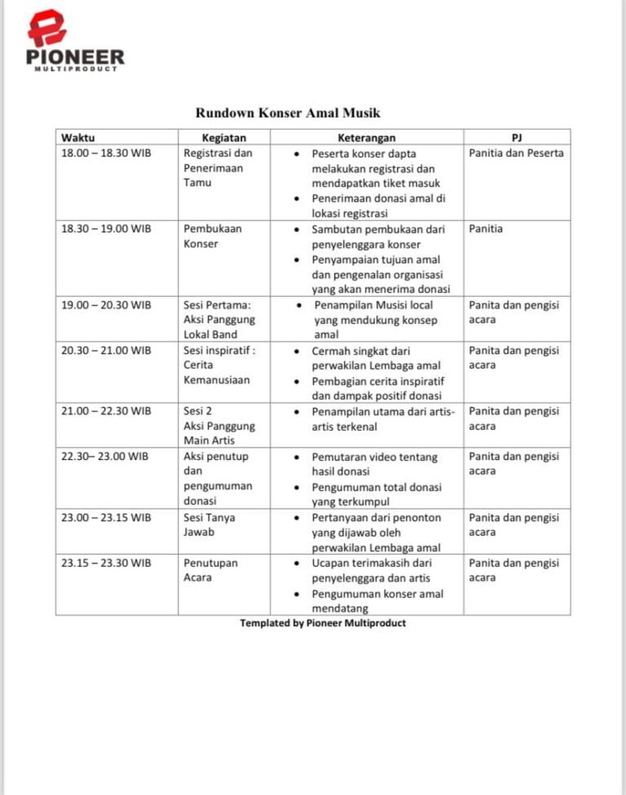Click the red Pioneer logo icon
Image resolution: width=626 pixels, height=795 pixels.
pos(47,28)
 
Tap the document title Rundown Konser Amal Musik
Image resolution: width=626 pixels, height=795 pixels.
pos(288,113)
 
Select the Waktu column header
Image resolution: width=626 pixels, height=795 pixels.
pos(77,138)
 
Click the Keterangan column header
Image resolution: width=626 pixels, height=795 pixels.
pos(366,138)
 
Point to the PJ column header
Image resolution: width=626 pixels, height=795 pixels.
pos(516,138)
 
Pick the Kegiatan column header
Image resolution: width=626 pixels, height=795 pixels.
pos(224,138)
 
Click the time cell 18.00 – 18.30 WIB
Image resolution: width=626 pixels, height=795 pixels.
pos(107,153)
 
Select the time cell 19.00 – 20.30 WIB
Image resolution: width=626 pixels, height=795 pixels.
pos(106,305)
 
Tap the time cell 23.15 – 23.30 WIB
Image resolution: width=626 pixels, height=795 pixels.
pos(106,563)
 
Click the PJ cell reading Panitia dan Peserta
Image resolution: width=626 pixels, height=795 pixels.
pos(516,153)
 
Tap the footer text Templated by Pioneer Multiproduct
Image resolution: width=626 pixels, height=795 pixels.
pos(323,623)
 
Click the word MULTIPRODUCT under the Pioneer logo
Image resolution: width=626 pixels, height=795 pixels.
pos(75,68)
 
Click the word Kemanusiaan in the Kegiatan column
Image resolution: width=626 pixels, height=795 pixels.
pos(218,380)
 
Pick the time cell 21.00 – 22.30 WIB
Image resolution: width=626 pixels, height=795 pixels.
pos(106,411)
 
